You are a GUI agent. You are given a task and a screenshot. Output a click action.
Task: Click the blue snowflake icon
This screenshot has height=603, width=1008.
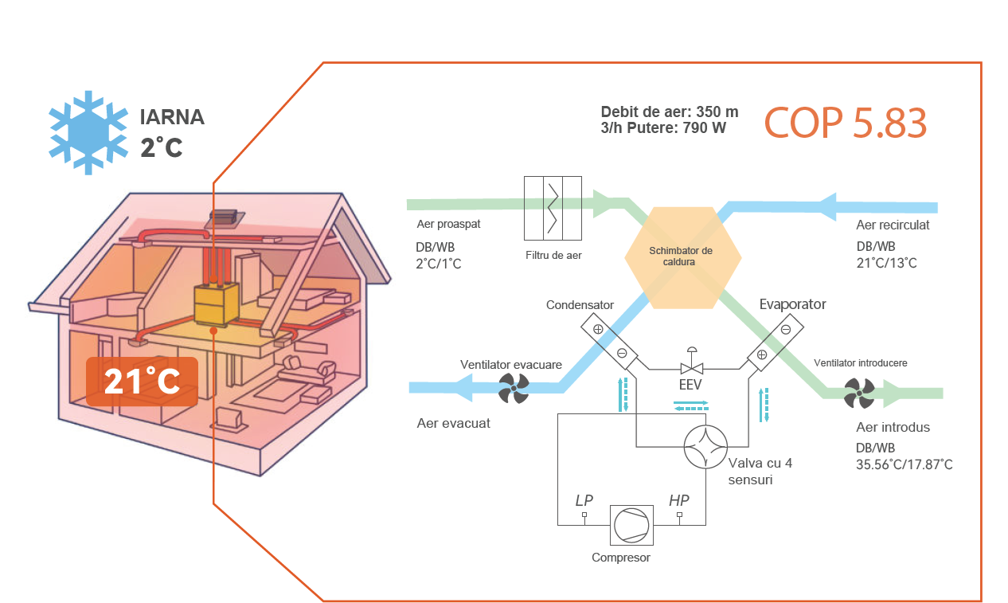(88, 132)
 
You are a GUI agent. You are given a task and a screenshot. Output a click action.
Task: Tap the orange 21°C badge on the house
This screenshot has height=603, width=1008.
(143, 382)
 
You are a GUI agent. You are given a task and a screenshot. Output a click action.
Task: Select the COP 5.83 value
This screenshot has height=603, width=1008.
(846, 123)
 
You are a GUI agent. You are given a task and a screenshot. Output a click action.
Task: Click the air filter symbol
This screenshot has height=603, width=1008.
(553, 208)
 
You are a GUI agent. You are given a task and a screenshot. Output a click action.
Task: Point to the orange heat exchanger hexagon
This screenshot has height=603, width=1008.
(682, 257)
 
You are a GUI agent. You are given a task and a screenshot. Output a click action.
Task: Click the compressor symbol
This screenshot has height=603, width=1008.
(631, 525)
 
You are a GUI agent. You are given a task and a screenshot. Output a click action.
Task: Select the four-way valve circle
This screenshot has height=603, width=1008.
(705, 447)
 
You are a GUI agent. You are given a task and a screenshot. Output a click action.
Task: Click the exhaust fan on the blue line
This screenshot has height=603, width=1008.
(514, 389)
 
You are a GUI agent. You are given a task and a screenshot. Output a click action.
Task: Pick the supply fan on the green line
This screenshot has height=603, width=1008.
(859, 394)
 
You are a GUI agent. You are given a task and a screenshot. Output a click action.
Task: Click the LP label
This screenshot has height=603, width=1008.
(584, 500)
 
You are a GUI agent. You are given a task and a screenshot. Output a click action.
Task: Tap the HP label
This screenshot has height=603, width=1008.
(678, 500)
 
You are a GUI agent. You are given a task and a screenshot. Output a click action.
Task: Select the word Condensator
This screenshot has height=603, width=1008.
(580, 305)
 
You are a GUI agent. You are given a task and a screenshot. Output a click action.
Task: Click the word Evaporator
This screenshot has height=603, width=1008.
(792, 304)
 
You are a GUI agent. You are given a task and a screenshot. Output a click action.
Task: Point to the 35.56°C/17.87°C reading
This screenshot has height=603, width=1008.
(904, 464)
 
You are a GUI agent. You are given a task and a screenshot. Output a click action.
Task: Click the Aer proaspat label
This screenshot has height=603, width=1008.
(448, 224)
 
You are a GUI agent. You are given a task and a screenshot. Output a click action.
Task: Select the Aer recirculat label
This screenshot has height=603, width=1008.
(893, 225)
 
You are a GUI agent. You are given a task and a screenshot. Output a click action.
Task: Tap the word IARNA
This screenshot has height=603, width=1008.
(172, 117)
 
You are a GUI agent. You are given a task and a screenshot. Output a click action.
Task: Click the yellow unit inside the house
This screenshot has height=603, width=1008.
(217, 304)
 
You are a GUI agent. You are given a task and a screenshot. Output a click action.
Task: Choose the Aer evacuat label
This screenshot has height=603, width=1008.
(453, 423)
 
